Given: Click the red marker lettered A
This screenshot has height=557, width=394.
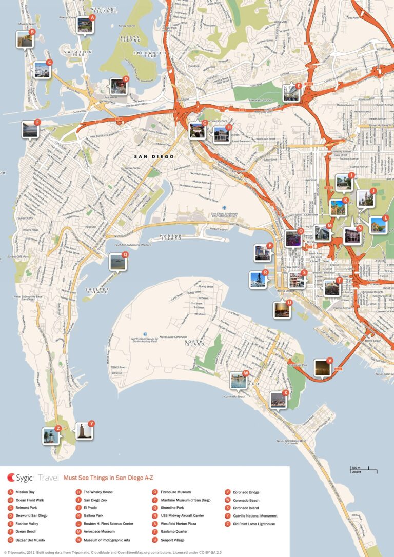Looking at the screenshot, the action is pyautogui.click(x=92, y=17).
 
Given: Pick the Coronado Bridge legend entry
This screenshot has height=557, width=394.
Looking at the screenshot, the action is pyautogui.click(x=245, y=492).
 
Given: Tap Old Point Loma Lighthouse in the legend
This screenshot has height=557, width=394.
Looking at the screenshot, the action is pyautogui.click(x=253, y=524).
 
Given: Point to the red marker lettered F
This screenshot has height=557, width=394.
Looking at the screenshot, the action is pyautogui.click(x=37, y=122).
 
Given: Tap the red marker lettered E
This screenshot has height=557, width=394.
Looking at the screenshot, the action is pyautogui.click(x=298, y=86).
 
